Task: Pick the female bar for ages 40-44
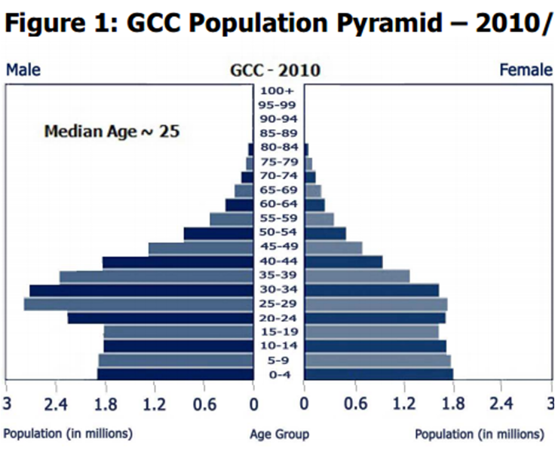[343, 261]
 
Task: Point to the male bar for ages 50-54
[218, 233]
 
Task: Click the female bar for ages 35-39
[357, 276]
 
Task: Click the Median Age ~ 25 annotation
[112, 131]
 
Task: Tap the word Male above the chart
[23, 70]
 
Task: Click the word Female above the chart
[526, 70]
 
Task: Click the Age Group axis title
[279, 434]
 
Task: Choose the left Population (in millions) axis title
[68, 434]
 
